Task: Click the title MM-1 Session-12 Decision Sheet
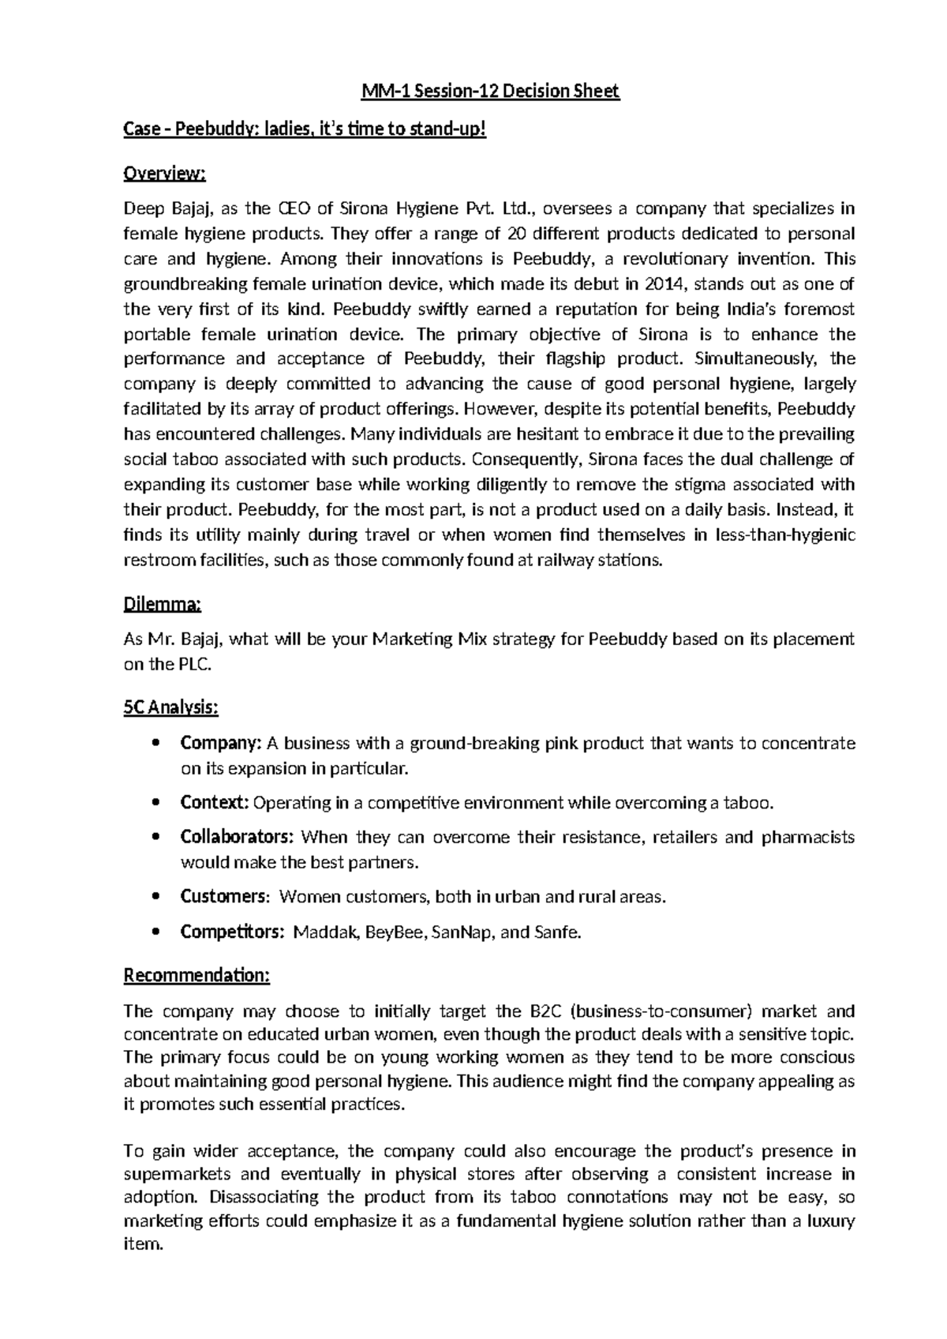pyautogui.click(x=490, y=92)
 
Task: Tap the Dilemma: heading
pyautogui.click(x=163, y=605)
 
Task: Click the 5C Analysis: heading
pyautogui.click(x=171, y=708)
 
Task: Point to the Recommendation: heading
pyautogui.click(x=197, y=976)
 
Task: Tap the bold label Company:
pyautogui.click(x=221, y=744)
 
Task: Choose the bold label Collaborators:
pyautogui.click(x=238, y=837)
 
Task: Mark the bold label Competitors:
pyautogui.click(x=232, y=932)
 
